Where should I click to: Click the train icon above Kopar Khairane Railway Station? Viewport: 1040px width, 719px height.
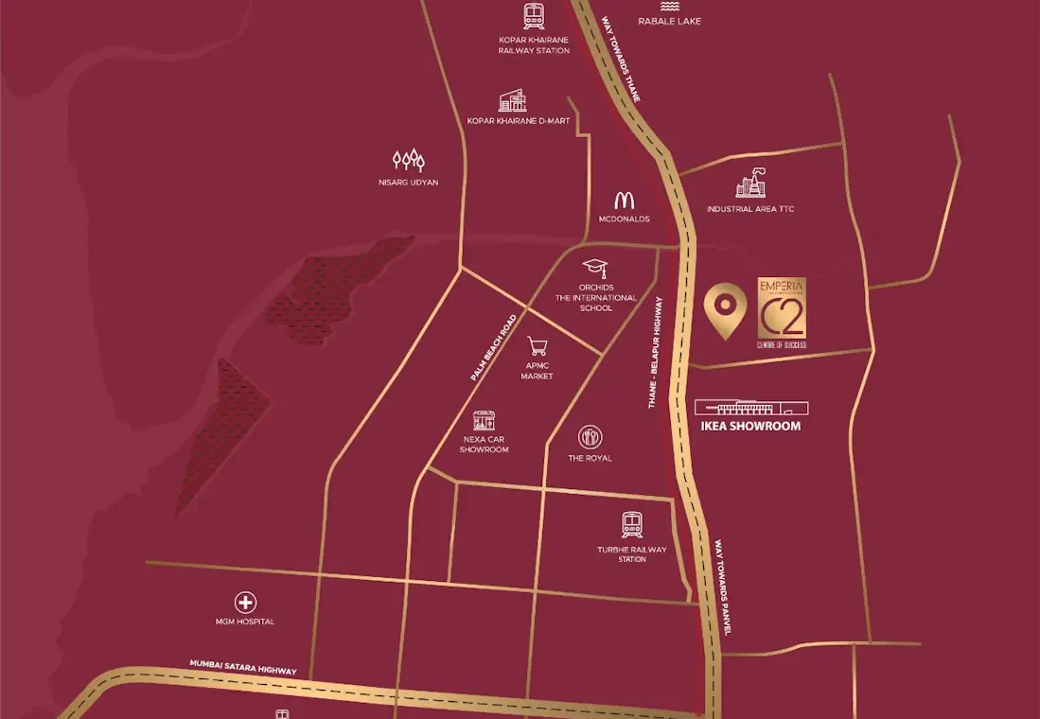point(534,16)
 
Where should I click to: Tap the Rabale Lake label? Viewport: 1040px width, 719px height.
point(669,21)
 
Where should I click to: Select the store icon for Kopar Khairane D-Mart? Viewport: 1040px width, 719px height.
point(512,101)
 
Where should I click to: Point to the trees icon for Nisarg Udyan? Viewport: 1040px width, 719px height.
point(408,160)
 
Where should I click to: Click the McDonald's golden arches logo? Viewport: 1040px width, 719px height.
point(624,200)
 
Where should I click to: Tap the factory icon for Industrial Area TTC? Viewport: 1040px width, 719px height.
point(750,184)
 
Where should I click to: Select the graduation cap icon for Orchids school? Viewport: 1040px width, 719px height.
point(594,268)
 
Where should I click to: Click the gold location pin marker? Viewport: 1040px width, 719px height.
point(725,308)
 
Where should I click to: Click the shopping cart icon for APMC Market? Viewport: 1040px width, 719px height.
point(538,346)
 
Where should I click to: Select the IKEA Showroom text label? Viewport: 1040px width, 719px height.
point(751,427)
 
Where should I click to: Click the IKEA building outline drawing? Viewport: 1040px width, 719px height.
point(751,407)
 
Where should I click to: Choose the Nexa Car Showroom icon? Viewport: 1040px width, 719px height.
point(484,420)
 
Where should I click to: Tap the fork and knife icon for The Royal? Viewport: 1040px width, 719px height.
point(590,436)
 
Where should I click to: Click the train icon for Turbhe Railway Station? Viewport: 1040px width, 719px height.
point(632,525)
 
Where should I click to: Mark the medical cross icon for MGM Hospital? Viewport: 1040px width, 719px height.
point(245,603)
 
